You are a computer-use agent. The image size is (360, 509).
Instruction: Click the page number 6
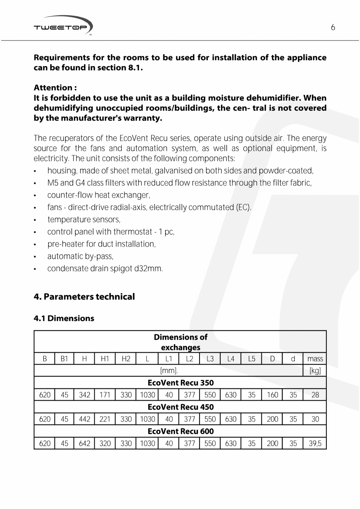pyautogui.click(x=333, y=27)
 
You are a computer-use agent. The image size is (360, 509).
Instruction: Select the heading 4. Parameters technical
pyautogui.click(x=84, y=296)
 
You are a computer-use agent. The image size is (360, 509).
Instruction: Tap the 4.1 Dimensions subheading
pyautogui.click(x=64, y=318)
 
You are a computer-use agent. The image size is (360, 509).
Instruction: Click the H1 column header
pyautogui.click(x=105, y=359)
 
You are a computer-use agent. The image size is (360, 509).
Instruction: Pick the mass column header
pyautogui.click(x=315, y=359)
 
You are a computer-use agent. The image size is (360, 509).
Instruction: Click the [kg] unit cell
pyautogui.click(x=315, y=370)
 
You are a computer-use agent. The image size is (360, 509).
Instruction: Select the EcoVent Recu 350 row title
pyautogui.click(x=180, y=383)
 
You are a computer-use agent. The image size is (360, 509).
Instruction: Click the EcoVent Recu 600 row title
pyautogui.click(x=180, y=431)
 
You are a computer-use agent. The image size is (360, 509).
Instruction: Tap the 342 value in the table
pyautogui.click(x=85, y=395)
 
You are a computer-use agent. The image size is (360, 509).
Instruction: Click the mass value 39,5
pyautogui.click(x=315, y=443)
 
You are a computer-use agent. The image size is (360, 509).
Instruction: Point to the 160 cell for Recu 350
pyautogui.click(x=272, y=395)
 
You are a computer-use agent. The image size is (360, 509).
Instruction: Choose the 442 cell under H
pyautogui.click(x=85, y=419)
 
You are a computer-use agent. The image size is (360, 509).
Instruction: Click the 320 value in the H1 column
pyautogui.click(x=105, y=443)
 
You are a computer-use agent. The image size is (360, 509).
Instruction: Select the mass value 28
pyautogui.click(x=315, y=395)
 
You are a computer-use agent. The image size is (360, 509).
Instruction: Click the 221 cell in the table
pyautogui.click(x=105, y=419)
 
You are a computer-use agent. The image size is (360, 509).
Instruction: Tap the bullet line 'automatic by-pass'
pyautogui.click(x=80, y=256)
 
